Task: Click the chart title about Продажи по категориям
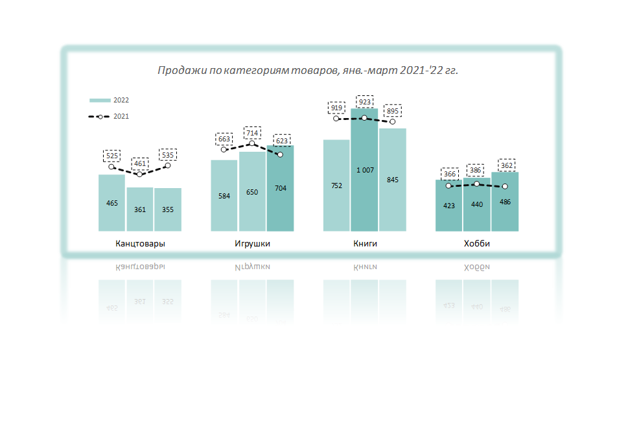308,70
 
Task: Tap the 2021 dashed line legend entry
109,117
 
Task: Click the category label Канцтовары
140,244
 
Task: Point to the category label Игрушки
252,244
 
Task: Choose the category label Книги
365,244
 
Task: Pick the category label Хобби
477,244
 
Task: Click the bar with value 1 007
365,170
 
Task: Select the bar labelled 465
112,202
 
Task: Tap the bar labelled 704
280,188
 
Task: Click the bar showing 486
505,202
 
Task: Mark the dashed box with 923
365,102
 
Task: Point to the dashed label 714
252,133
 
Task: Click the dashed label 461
140,163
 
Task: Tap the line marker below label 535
168,165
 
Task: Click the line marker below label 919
336,118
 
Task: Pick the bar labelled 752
336,185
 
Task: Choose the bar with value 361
140,209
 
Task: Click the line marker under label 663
224,150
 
